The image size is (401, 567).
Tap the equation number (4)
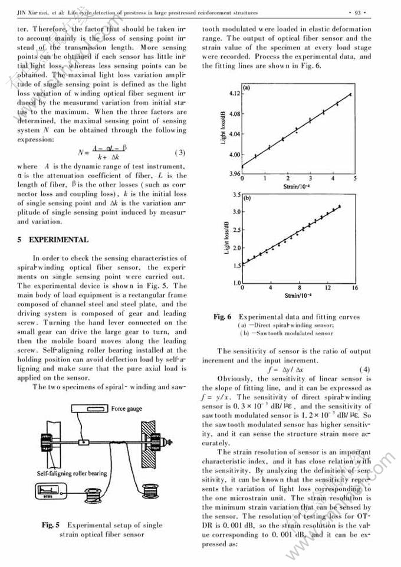[x=364, y=370]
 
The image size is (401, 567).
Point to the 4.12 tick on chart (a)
[x=234, y=94]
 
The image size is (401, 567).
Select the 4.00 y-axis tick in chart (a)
[x=234, y=155]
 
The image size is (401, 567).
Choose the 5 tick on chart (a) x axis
[x=354, y=178]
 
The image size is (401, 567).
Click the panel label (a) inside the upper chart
[x=247, y=89]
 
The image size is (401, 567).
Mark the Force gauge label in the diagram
[x=127, y=409]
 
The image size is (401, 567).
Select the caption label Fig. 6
[x=222, y=317]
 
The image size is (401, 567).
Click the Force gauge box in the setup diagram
[x=89, y=409]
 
